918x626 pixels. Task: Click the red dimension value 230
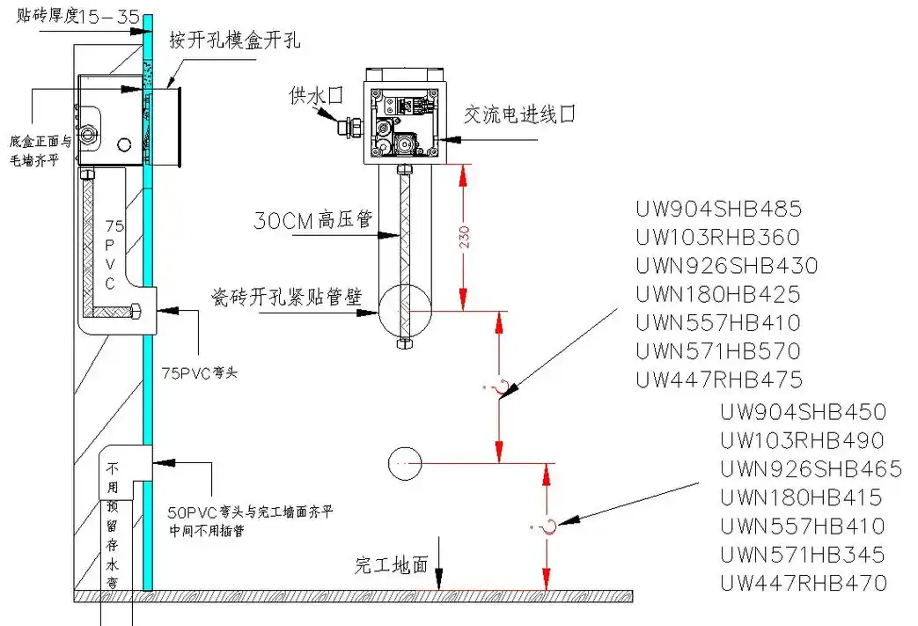[x=464, y=237]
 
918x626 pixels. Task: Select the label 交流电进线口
[x=519, y=114]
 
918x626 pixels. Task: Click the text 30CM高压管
[x=312, y=220]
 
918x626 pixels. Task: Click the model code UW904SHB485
[x=718, y=210]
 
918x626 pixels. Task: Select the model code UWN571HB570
[x=718, y=351]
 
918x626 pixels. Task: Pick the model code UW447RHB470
[x=803, y=583]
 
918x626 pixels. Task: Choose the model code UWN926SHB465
[x=811, y=469]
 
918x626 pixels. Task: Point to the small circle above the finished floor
[x=405, y=462]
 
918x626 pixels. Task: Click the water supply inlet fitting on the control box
[x=349, y=127]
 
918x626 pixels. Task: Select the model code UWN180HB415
[x=801, y=497]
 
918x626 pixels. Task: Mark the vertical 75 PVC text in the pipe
[x=110, y=255]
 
